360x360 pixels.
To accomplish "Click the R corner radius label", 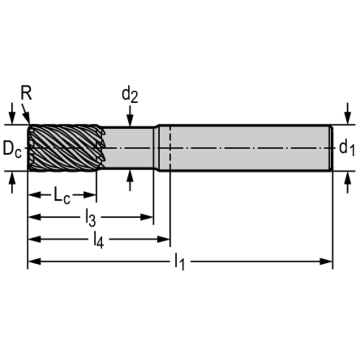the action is click(x=27, y=93).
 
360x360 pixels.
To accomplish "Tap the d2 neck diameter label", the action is click(x=130, y=95).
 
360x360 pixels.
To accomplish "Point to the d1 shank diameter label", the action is click(x=347, y=148).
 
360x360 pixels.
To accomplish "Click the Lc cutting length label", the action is click(x=61, y=195).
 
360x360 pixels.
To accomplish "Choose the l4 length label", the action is click(x=98, y=240).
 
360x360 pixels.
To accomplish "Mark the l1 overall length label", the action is click(x=179, y=261).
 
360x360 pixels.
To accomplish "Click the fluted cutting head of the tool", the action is click(x=63, y=148).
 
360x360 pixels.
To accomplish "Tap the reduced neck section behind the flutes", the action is click(x=129, y=148).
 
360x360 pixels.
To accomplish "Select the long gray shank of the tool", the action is click(x=249, y=148).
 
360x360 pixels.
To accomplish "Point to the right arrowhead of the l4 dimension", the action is click(x=165, y=239).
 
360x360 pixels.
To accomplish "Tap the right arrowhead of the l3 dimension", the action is click(x=149, y=217).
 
